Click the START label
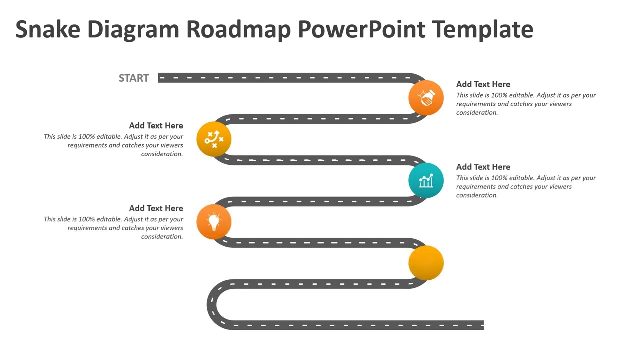[134, 78]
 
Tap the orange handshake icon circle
[426, 97]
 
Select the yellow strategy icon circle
[214, 139]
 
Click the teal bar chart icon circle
[426, 180]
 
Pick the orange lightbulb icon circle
[214, 221]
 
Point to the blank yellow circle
[426, 263]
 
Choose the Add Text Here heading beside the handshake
[483, 84]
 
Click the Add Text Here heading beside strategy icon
[156, 126]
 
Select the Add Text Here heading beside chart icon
[483, 167]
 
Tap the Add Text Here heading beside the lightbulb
[156, 208]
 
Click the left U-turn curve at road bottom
[212, 304]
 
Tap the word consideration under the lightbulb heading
[162, 237]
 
